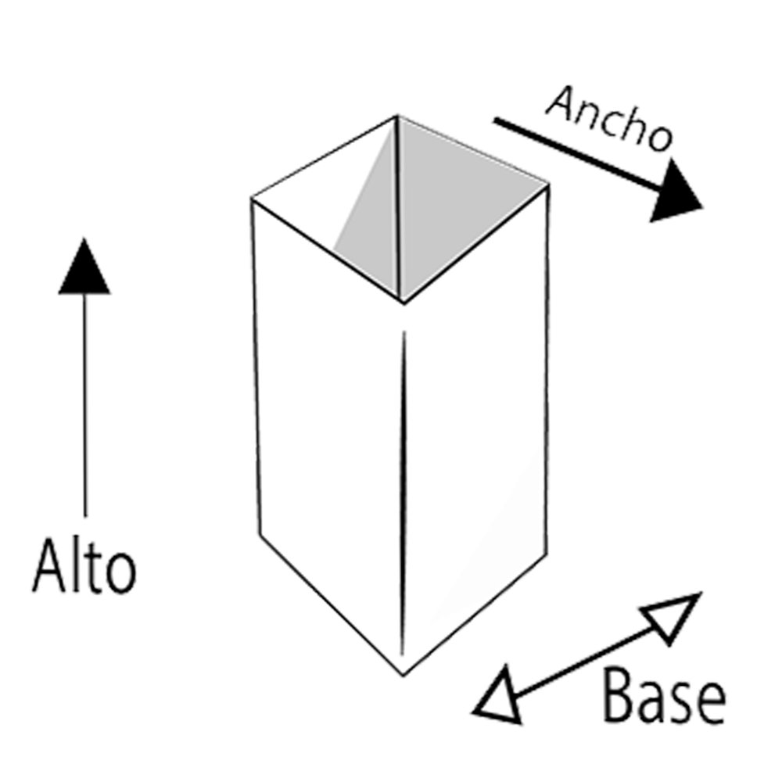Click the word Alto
pos(84,566)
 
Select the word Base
pos(664,696)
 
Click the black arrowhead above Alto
pos(84,267)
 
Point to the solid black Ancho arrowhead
pos(674,192)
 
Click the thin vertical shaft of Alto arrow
pos(84,405)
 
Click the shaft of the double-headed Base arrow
pos(587,661)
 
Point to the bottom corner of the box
pos(403,676)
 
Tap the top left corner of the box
pos(253,199)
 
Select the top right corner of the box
pos(549,185)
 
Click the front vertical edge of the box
pos(403,493)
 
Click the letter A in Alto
pos(49,566)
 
